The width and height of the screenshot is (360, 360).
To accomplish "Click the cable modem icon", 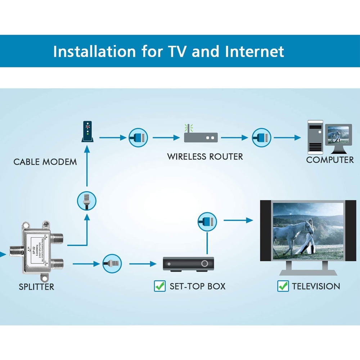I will (x=88, y=132).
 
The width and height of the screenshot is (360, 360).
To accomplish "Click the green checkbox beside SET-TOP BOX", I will (x=159, y=286).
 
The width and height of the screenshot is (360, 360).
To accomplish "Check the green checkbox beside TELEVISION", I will (x=283, y=286).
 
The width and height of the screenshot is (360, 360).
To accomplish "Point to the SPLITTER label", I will (x=36, y=287).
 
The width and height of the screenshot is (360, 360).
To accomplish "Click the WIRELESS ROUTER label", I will (x=205, y=157).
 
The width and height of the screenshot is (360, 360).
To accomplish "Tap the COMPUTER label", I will (x=330, y=160).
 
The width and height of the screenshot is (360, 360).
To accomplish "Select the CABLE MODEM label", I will (x=45, y=162).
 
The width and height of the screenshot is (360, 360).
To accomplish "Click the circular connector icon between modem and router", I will (x=138, y=138).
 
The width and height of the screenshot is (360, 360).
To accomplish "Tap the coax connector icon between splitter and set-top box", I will (x=112, y=264).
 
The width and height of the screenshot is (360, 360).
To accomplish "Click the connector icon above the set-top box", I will (x=207, y=221).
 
